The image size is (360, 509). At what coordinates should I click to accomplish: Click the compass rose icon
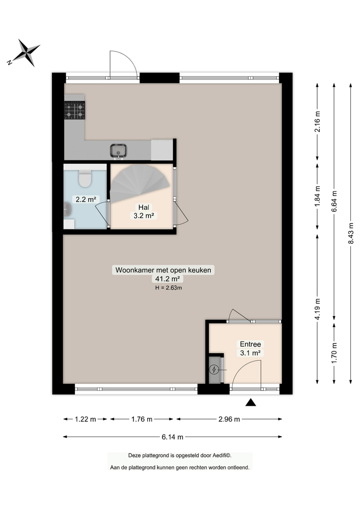point(23,52)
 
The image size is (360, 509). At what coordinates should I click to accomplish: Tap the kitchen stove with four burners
point(74,110)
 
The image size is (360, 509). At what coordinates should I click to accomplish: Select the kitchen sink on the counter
point(119,150)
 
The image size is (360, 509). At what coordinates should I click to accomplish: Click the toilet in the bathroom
point(85,178)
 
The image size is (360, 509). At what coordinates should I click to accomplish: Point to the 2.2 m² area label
point(86,200)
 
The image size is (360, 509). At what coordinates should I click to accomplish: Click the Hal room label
point(143,207)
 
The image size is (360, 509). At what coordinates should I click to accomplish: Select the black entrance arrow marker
point(250,403)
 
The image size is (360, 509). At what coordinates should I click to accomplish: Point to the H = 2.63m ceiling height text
point(169,288)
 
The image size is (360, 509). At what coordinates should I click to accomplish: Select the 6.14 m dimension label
point(173,437)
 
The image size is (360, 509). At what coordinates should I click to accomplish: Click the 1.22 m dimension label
point(85,419)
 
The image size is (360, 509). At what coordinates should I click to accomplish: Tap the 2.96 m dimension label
point(229,419)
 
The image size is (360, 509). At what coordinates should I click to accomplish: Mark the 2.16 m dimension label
point(318,122)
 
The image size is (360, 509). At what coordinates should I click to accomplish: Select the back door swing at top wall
point(122,64)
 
